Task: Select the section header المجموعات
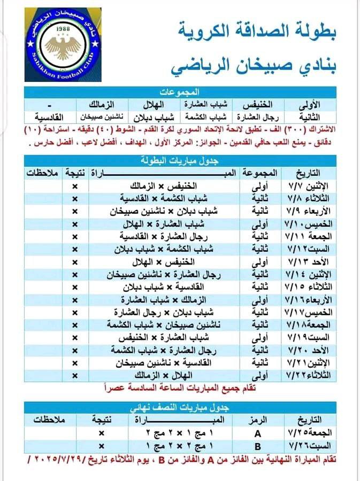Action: (182, 91)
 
